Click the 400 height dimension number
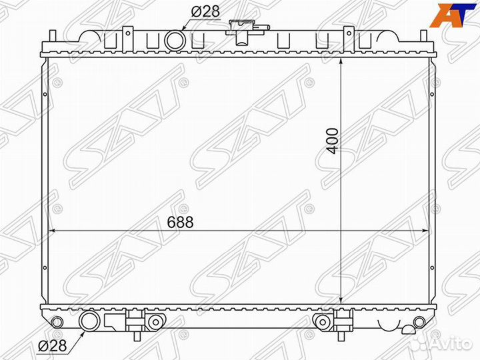(334, 141)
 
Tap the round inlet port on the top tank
(175, 39)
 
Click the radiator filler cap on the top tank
(243, 27)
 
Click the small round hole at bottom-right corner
(419, 322)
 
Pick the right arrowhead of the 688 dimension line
(427, 231)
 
